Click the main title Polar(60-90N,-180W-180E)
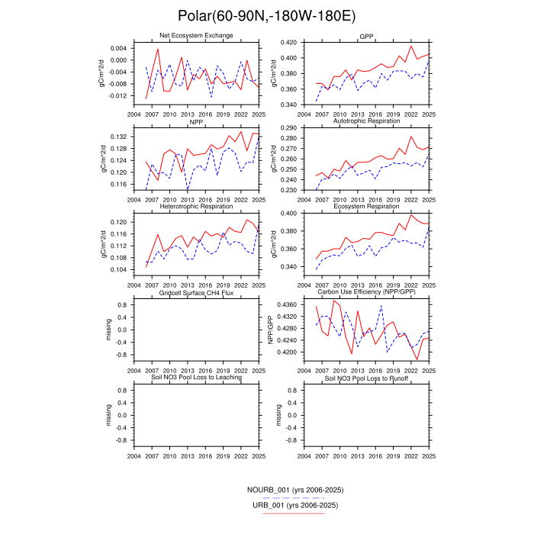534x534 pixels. (x=266, y=16)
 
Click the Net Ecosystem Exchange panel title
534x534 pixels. (x=196, y=36)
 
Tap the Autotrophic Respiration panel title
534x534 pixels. (x=366, y=121)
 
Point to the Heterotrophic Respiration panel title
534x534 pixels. (x=196, y=207)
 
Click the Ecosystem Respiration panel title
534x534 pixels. (x=366, y=207)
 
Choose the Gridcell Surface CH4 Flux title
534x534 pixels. (x=196, y=293)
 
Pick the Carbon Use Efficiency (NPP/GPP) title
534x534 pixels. (x=366, y=293)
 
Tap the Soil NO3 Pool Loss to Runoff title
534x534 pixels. (x=366, y=378)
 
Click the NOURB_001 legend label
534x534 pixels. (x=294, y=489)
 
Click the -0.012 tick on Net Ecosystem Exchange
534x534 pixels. (x=118, y=96)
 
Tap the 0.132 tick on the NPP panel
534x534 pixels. (x=120, y=137)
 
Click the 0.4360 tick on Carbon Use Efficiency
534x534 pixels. (x=289, y=304)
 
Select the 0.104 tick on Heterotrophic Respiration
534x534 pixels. (x=120, y=270)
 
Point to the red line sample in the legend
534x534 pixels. (x=294, y=513)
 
